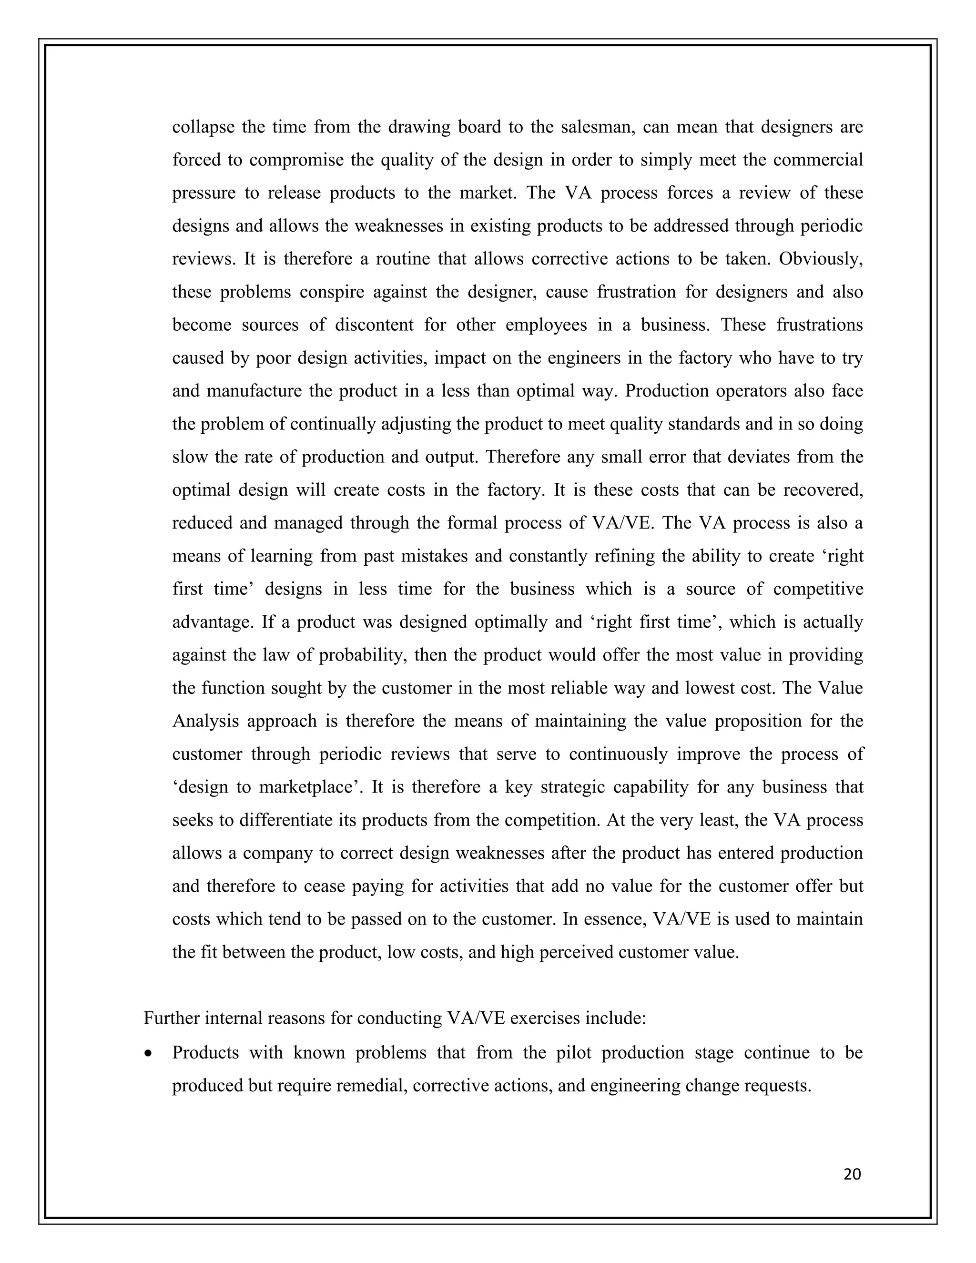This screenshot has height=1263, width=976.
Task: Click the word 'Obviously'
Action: click(x=820, y=258)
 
